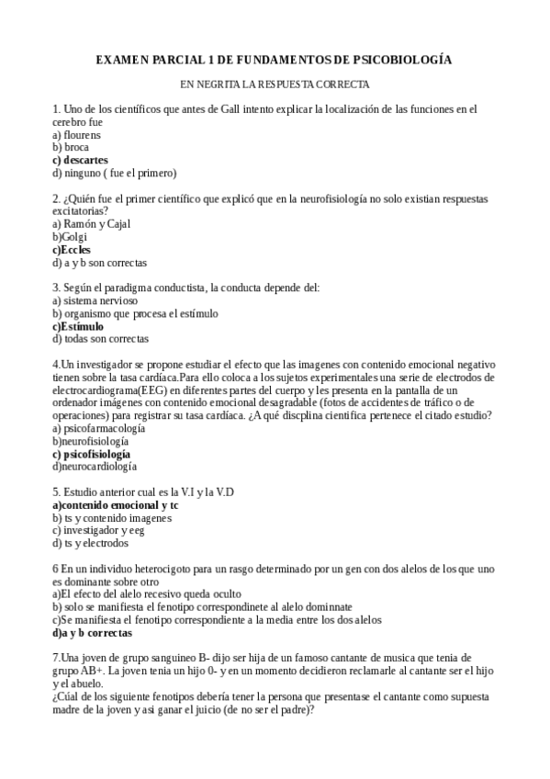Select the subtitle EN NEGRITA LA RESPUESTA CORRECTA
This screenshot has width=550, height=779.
[275, 84]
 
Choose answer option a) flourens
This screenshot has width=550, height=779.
[77, 134]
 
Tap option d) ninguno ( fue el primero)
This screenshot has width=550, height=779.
[114, 173]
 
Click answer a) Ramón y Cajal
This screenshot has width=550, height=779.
[92, 223]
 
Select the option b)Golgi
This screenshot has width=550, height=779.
[70, 236]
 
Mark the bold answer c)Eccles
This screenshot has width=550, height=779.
[72, 249]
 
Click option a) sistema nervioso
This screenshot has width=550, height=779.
[95, 300]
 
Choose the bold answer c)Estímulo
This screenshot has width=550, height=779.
[78, 326]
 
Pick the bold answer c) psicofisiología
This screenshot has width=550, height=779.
[91, 454]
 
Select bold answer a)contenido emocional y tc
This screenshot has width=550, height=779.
[116, 505]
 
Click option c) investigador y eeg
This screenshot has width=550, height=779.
[98, 530]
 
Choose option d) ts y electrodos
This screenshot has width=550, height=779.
[91, 543]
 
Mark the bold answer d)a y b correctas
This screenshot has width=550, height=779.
[92, 633]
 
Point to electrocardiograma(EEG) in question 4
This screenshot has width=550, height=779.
[115, 389]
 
